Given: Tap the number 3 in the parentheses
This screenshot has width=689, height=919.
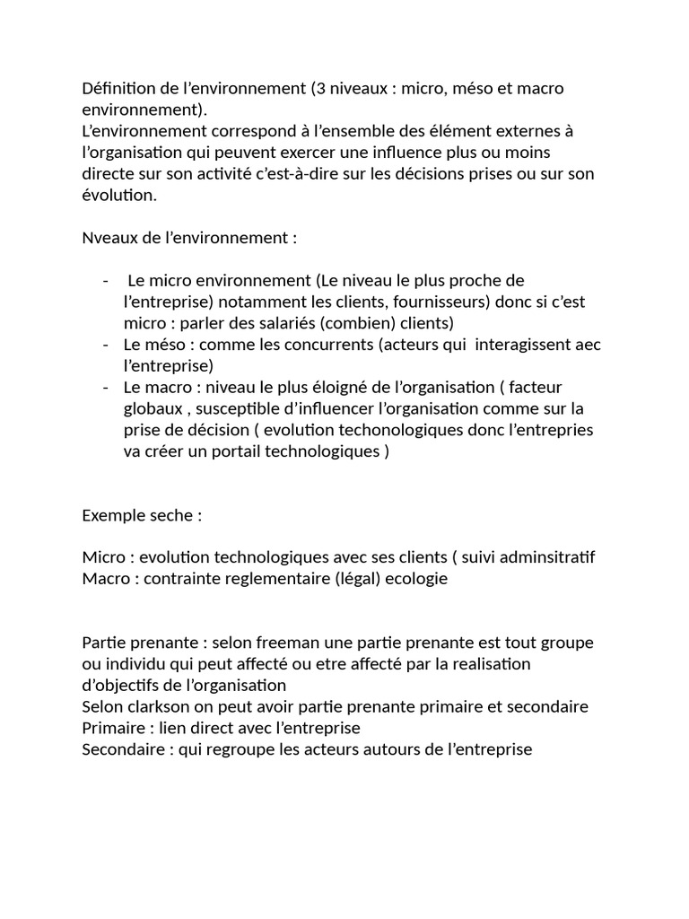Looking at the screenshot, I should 318,88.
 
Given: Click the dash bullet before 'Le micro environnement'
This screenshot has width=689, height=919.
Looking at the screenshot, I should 107,281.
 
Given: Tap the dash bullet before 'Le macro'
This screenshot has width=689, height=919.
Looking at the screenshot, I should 107,388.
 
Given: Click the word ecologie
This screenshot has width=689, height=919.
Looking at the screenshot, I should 416,579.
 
